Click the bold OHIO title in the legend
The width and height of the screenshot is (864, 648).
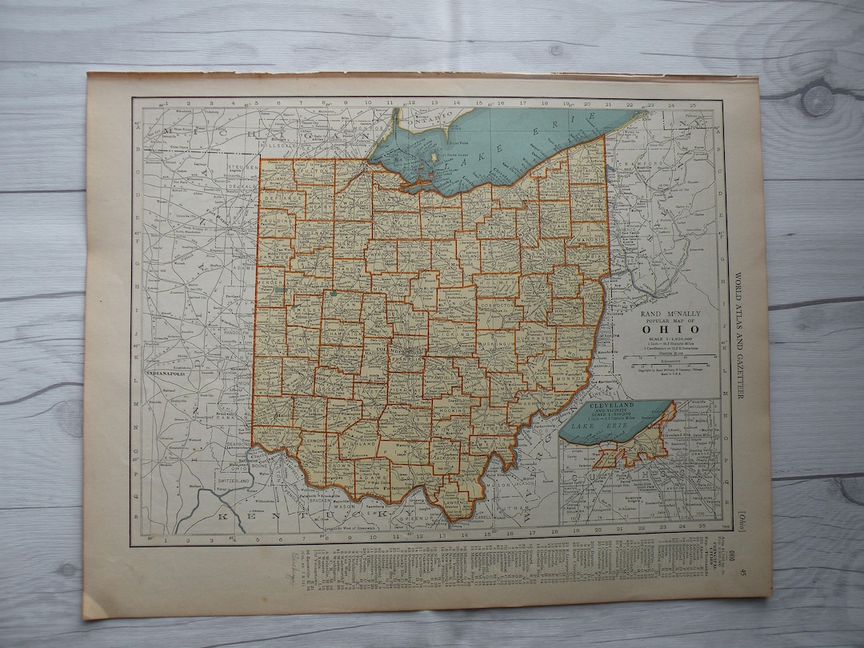tap(673, 330)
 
